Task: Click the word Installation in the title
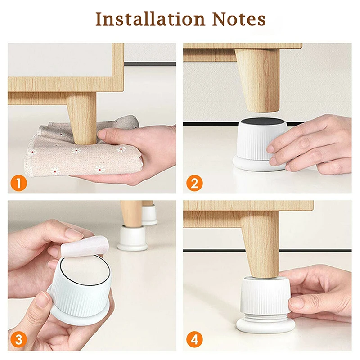pos(143,19)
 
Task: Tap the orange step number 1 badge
pos(18,184)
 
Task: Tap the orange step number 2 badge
pos(193,184)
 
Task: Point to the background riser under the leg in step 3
pos(132,238)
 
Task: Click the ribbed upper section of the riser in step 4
pos(265,295)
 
